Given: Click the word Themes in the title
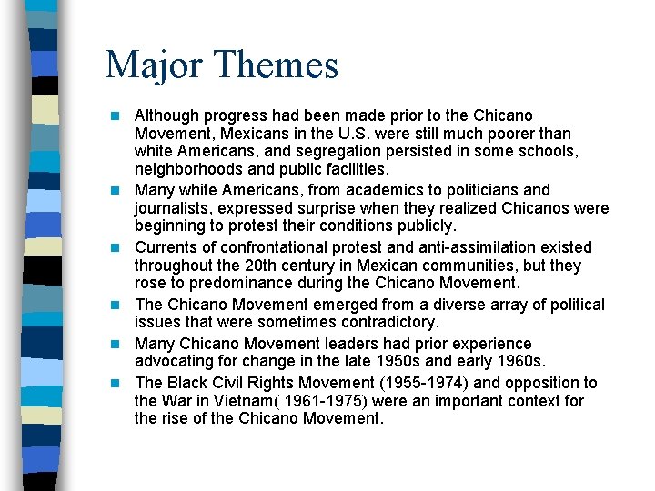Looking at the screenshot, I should pyautogui.click(x=278, y=65).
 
